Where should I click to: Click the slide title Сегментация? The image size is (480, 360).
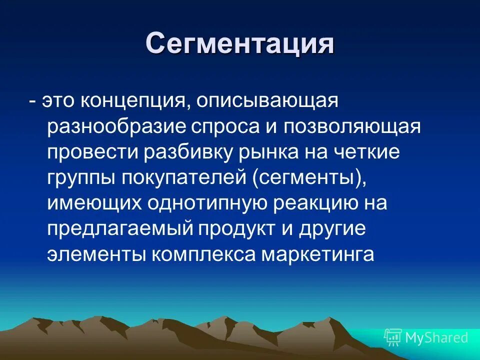click(x=240, y=44)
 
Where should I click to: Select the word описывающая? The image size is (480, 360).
click(x=261, y=101)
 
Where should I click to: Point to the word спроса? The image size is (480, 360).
click(x=222, y=127)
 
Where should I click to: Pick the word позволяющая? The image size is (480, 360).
click(x=352, y=127)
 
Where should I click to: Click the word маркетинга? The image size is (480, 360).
click(x=317, y=255)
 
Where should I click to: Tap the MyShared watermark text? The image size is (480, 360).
click(x=436, y=337)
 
